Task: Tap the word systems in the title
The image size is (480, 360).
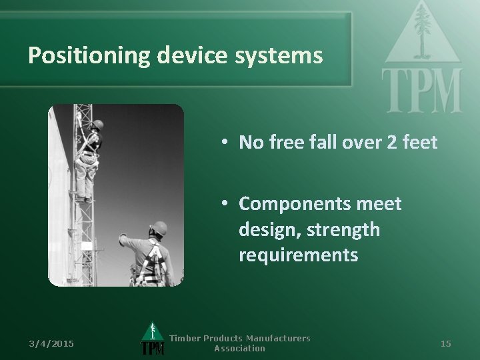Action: click(281, 55)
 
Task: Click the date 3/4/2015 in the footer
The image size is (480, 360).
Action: click(53, 343)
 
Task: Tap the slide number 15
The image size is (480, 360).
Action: click(446, 343)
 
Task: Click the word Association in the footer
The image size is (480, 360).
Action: click(240, 349)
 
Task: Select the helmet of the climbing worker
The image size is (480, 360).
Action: click(97, 125)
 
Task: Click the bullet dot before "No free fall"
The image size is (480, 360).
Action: click(227, 141)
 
